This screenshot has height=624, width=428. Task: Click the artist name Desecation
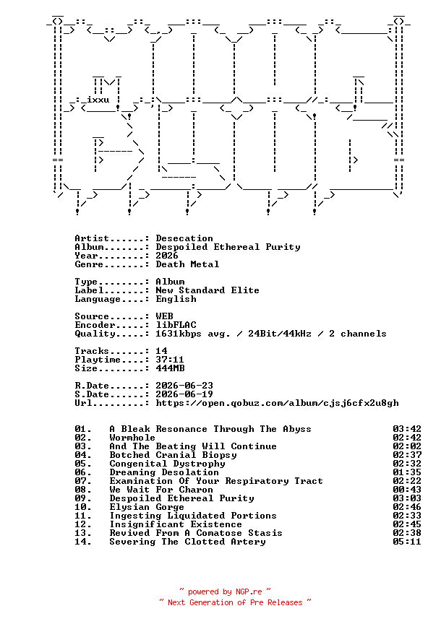tap(184, 238)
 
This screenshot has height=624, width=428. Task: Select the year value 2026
tap(167, 256)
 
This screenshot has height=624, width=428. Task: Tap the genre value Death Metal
tap(187, 264)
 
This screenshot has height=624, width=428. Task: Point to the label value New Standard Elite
tap(207, 290)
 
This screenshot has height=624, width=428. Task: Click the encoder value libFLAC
tap(176, 325)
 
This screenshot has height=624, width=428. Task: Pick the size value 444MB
tap(170, 368)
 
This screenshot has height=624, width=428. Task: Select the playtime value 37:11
tap(170, 360)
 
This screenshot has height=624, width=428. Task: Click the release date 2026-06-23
tap(184, 386)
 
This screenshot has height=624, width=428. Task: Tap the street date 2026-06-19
tap(184, 394)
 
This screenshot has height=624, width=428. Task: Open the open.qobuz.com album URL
tap(277, 403)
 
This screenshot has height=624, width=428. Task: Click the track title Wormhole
tap(132, 438)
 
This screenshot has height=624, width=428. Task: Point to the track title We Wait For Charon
tap(161, 490)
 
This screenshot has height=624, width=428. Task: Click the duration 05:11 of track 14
tap(407, 542)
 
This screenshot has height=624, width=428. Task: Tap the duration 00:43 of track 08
tap(407, 490)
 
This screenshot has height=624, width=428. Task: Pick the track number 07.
tap(83, 481)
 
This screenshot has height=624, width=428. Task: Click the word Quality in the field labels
tap(95, 334)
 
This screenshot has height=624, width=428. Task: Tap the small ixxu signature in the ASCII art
tap(98, 100)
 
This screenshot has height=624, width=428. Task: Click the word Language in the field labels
tap(97, 299)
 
